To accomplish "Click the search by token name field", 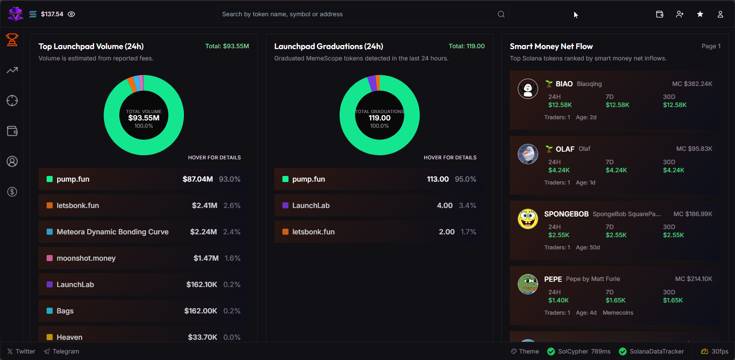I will click(357, 14).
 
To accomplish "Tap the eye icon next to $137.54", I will click(71, 14).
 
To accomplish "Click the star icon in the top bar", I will click(700, 14).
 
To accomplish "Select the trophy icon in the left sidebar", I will click(12, 40).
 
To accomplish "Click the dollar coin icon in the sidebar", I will click(12, 192).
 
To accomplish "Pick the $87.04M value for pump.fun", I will click(197, 179).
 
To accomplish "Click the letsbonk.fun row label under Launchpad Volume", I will click(78, 206).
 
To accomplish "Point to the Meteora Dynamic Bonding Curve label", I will click(112, 232).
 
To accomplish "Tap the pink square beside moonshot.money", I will click(49, 258).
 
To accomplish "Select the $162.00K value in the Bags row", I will click(201, 311).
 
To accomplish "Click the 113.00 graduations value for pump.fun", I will click(438, 179).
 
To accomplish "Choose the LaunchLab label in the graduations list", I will click(311, 206).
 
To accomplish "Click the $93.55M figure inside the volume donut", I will click(144, 118).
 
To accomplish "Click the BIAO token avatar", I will click(528, 89).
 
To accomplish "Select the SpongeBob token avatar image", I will click(528, 219).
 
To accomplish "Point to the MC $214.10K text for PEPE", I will click(693, 279).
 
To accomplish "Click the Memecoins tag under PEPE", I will click(617, 313).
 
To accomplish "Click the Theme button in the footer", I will click(525, 351).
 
